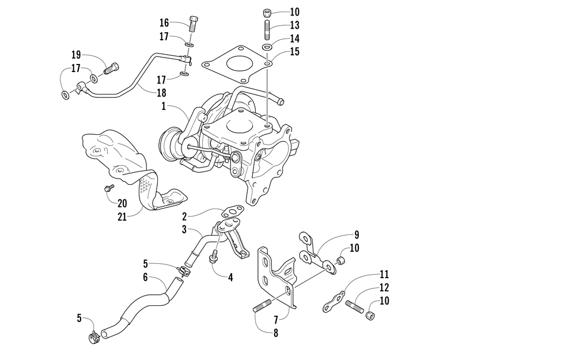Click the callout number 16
click(x=164, y=23)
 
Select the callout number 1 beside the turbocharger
click(x=164, y=107)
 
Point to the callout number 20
click(x=122, y=203)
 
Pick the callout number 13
click(x=295, y=25)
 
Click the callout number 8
click(x=275, y=332)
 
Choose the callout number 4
click(x=230, y=277)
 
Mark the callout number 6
click(x=145, y=278)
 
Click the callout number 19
click(x=76, y=55)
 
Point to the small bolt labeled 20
click(x=107, y=188)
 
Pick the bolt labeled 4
click(x=214, y=257)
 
